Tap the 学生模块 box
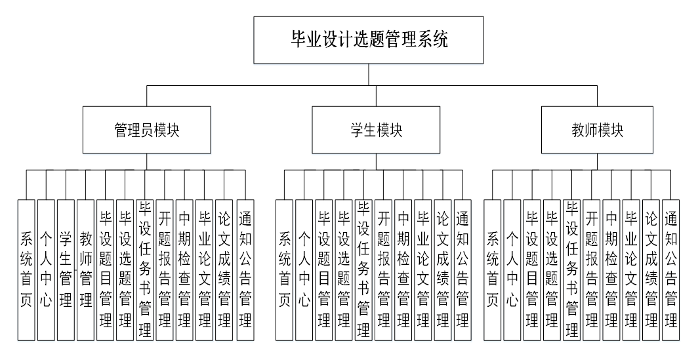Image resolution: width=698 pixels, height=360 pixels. coord(376,130)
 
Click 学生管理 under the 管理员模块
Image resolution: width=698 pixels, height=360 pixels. coord(66,270)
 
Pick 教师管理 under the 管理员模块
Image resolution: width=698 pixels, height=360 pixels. coord(85,270)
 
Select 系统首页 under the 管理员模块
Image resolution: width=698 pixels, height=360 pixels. coord(26,270)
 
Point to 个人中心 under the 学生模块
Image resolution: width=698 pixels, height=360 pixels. coord(304,270)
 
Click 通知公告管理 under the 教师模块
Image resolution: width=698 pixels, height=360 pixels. coord(670,270)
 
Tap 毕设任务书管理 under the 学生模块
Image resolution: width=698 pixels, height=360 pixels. coord(363,270)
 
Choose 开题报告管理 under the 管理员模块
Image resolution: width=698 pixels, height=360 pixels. coord(165,270)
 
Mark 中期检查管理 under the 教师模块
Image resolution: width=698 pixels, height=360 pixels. coord(611,270)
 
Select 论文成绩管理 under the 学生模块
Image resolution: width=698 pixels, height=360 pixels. coord(443,270)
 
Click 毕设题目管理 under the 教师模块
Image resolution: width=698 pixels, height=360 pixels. coord(531,270)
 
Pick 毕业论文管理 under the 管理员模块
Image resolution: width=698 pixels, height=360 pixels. coord(205,270)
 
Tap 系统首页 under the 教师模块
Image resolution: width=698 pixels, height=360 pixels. coord(492,270)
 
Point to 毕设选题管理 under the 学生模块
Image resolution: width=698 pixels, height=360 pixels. coord(343,270)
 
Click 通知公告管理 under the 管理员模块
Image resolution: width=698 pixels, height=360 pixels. coord(245,270)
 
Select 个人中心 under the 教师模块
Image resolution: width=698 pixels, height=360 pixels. coord(512,270)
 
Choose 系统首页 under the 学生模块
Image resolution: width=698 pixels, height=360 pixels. coord(284,270)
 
